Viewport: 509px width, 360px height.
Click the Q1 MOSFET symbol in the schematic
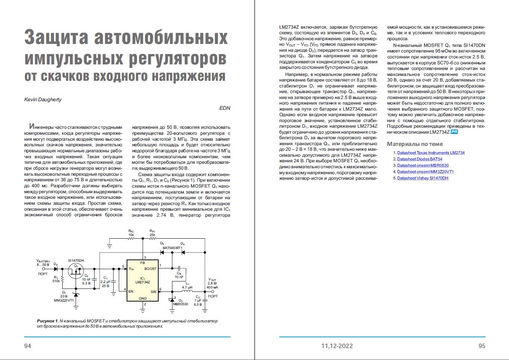coord(76,271)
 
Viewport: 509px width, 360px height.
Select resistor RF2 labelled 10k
coord(131,239)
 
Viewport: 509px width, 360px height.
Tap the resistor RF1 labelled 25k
coord(152,239)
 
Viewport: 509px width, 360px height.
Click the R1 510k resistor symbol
coord(62,279)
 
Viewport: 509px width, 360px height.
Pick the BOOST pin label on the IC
coord(150,269)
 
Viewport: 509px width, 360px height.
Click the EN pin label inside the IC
coord(131,291)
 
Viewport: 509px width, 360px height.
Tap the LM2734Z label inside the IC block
coord(143,282)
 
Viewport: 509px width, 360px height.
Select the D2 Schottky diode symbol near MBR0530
coord(172,299)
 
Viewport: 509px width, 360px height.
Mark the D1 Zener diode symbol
coord(76,294)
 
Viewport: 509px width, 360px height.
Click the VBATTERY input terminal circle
coord(43,268)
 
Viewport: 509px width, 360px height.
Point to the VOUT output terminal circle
coord(213,291)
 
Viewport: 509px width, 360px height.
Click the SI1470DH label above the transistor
coord(76,260)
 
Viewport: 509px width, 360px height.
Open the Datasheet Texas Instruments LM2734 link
coord(431,153)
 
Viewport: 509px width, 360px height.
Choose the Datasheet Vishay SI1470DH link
coord(423,178)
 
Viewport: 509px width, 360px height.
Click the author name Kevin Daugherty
coord(43,99)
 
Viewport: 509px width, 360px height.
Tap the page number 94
coord(28,346)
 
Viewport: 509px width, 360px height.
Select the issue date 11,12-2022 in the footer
coord(337,346)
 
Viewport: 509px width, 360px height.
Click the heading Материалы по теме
coord(415,144)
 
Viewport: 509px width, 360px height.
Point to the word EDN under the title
coord(225,108)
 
